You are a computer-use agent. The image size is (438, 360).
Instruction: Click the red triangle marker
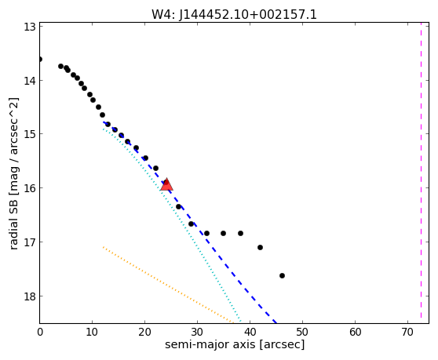pos(166,184)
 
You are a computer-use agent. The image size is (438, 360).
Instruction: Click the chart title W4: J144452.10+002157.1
pos(234,14)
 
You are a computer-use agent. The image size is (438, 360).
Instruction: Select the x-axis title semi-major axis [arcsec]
pos(235,344)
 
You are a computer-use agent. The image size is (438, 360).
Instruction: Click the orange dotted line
pos(168,285)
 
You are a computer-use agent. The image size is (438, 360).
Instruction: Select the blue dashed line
pos(190,223)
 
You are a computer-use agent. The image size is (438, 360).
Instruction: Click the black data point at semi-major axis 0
pos(40,59)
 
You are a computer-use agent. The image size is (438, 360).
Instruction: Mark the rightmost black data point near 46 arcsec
pos(282,276)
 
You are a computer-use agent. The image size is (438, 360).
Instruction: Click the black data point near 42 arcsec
pos(260,247)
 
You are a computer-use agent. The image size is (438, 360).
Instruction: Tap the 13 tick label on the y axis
pos(29,27)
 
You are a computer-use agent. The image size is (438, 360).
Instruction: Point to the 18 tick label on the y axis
pos(29,296)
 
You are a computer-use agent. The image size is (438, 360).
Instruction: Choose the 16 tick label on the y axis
pos(29,188)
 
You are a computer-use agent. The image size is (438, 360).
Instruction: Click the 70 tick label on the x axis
pos(407,332)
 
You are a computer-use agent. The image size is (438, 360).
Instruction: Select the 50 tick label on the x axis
pos(302,332)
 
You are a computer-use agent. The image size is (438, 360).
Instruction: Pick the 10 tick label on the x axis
pos(92,332)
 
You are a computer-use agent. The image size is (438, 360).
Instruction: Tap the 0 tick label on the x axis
pos(40,332)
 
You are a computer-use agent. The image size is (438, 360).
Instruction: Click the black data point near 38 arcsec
pos(240,233)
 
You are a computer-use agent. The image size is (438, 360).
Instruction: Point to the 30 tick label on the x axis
pos(197,332)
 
